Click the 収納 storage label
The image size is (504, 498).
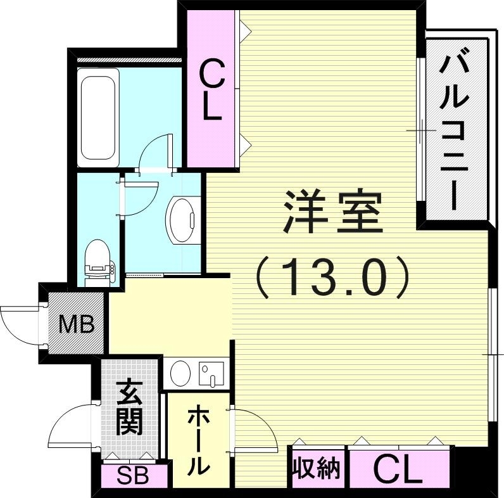pos(316,469)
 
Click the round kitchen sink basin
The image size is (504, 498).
pos(180,372)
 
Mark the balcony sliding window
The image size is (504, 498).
pos(420,130)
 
